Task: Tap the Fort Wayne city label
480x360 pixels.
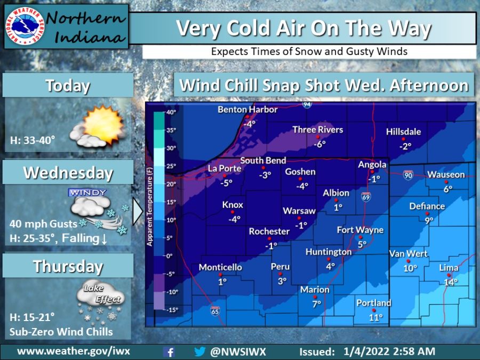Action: [361, 230]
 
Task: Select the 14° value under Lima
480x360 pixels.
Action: [451, 282]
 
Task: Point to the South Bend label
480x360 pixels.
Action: [263, 160]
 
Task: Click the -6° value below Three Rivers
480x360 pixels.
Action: [319, 144]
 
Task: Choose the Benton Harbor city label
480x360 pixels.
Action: [248, 109]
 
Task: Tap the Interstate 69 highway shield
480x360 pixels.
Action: [365, 196]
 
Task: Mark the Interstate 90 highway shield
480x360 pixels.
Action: [408, 175]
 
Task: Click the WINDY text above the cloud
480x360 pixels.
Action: [87, 192]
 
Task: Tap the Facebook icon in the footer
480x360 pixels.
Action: [170, 352]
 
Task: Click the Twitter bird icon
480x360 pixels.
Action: [200, 352]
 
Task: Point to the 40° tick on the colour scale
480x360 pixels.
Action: [171, 112]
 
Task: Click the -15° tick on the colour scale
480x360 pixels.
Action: [171, 310]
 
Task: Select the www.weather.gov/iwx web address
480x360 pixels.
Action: [74, 351]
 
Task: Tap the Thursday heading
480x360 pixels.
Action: [68, 266]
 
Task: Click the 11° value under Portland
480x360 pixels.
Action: [376, 317]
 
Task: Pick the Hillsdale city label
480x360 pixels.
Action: [404, 132]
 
